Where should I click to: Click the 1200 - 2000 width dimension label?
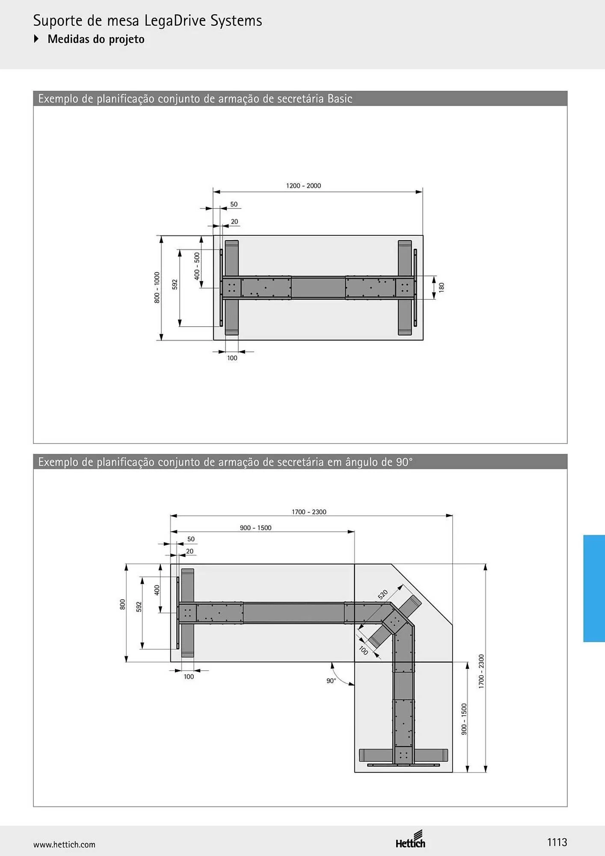(303, 186)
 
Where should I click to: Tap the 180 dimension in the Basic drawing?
(442, 287)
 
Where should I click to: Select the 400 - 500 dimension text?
(197, 266)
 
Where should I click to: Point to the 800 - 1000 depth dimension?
(157, 288)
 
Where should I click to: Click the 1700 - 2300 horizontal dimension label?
(309, 512)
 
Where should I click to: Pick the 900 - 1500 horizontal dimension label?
(255, 528)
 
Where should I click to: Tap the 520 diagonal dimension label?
(383, 594)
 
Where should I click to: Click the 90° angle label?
(331, 681)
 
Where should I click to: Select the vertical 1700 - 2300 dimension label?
(481, 671)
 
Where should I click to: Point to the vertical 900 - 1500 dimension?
(464, 719)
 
